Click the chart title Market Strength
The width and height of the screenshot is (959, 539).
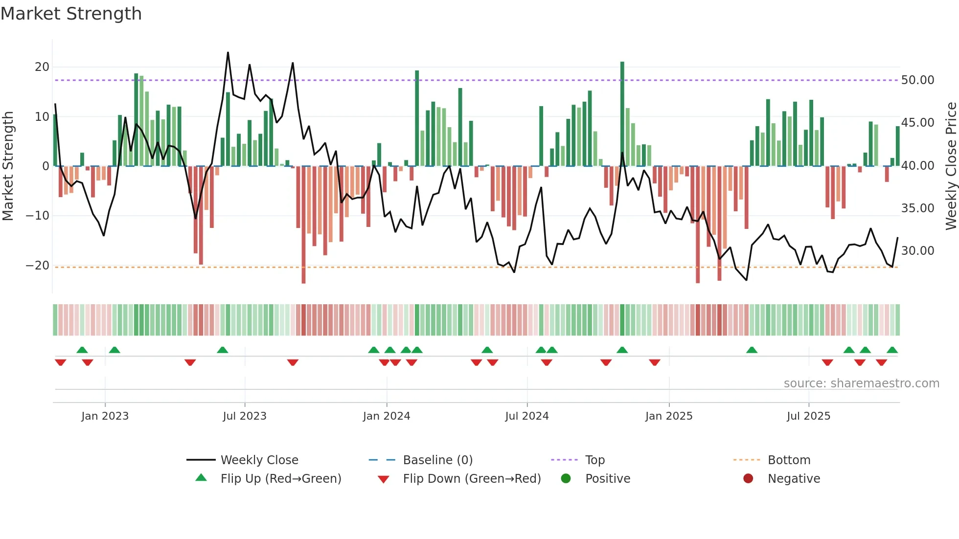(x=71, y=14)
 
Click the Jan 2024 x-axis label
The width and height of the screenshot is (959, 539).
(x=386, y=416)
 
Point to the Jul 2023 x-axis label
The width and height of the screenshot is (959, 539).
(x=244, y=416)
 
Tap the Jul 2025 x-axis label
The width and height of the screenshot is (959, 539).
(x=808, y=416)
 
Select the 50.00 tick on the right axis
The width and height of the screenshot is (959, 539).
(x=917, y=80)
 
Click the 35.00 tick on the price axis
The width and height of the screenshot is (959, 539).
(x=917, y=208)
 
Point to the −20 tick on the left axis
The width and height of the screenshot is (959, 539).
(x=38, y=266)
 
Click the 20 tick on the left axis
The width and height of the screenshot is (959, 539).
(x=42, y=67)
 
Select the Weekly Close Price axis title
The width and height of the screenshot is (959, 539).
(x=951, y=166)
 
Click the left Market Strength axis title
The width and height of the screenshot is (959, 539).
(x=8, y=166)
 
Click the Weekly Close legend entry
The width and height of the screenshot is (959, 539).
(x=259, y=460)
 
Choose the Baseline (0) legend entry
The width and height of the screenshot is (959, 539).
(x=437, y=460)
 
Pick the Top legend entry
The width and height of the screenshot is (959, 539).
(x=594, y=460)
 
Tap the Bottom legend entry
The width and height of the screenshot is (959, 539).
(x=789, y=460)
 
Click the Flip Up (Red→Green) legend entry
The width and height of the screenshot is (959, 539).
(x=280, y=479)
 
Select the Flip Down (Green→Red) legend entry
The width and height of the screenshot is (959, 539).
(x=471, y=479)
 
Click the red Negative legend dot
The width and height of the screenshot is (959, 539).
(x=748, y=479)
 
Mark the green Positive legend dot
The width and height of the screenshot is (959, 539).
(x=566, y=479)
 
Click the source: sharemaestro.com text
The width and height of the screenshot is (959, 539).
(x=861, y=383)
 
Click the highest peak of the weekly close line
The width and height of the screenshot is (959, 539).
(x=228, y=53)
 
